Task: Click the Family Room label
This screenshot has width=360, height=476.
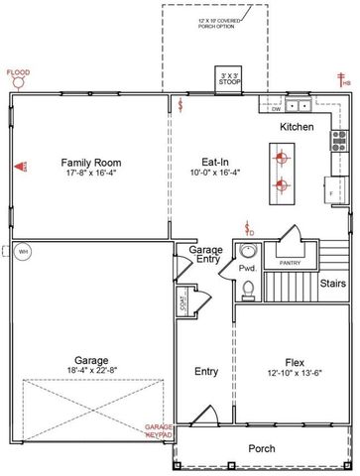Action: coord(90,162)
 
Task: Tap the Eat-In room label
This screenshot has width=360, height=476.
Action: coord(205,162)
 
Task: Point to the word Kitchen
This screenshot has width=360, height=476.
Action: coord(297,128)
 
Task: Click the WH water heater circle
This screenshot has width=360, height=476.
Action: coord(23,252)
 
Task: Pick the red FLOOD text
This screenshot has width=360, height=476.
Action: coord(18,72)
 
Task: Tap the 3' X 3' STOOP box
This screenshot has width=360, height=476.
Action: coord(231,77)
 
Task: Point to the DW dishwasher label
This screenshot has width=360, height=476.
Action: coord(277,109)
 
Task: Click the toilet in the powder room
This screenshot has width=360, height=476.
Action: coord(247,289)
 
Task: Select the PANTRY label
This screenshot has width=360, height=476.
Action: coord(290,263)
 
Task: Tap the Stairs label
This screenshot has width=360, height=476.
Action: coord(332,284)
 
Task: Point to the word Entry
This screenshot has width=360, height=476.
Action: coord(206,372)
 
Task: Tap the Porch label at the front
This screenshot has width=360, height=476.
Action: coord(262,448)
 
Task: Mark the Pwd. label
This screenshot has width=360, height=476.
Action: coord(247,268)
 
